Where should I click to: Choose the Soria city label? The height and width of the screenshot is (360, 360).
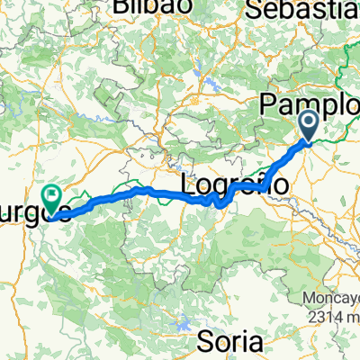tap(230, 342)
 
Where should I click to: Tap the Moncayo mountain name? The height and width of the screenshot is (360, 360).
tap(332, 299)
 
